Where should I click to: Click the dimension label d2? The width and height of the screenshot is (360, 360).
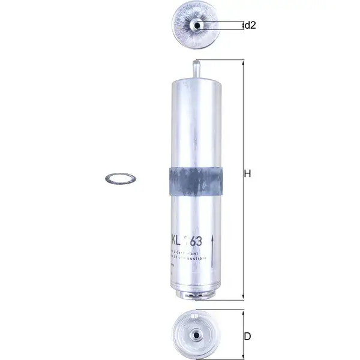[x=250, y=26]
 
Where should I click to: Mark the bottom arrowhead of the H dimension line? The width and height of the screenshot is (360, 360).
[x=242, y=297]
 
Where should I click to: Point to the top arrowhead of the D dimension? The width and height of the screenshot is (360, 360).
[x=242, y=312]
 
